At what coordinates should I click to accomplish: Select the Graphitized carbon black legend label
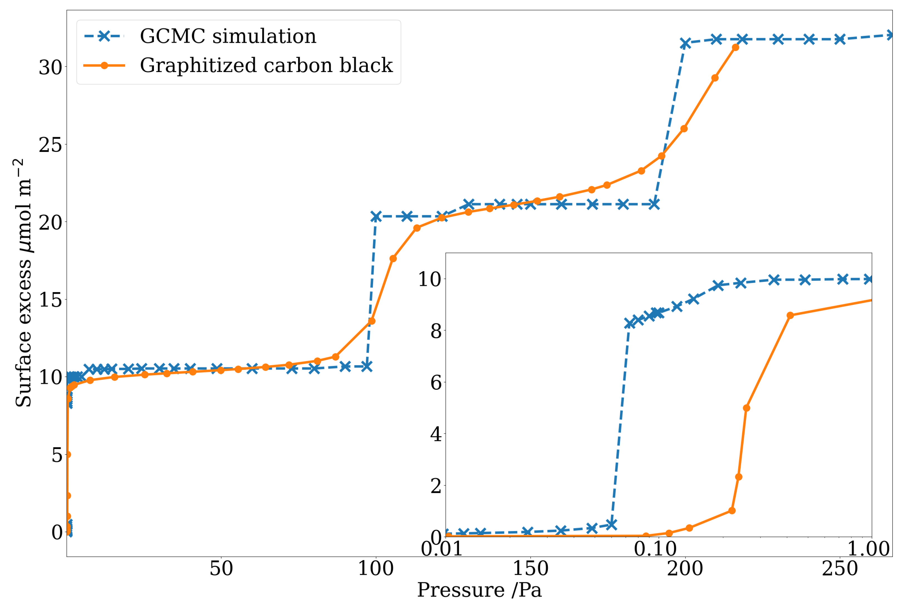[x=266, y=65]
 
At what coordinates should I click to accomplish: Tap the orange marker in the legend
[x=104, y=65]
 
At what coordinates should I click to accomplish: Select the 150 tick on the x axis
[x=530, y=568]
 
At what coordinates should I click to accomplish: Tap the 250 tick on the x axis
[x=840, y=568]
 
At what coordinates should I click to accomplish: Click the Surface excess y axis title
[x=23, y=283]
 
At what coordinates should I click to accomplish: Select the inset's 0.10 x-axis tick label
[x=655, y=549]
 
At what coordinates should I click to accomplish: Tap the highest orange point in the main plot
[x=735, y=48]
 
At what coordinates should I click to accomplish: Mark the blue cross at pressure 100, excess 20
[x=376, y=217]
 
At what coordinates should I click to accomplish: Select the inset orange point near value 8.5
[x=790, y=315]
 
